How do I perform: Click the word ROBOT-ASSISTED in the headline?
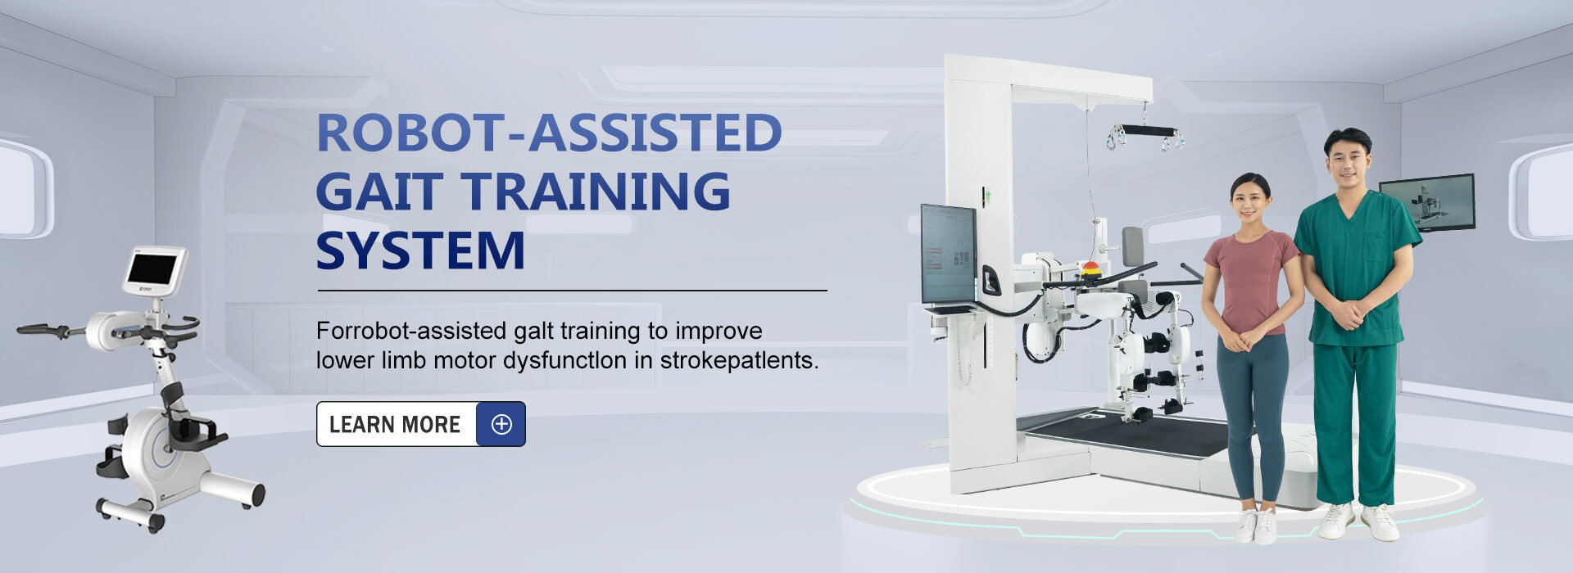[549, 133]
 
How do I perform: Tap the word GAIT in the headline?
[379, 192]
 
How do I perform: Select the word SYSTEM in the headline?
[420, 250]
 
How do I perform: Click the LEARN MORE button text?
[395, 425]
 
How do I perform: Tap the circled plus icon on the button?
[501, 424]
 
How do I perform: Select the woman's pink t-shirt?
[1251, 282]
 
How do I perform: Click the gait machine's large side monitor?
[949, 254]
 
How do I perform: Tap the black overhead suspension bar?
[1145, 131]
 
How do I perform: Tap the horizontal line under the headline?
[572, 291]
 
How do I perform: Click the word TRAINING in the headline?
[596, 192]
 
